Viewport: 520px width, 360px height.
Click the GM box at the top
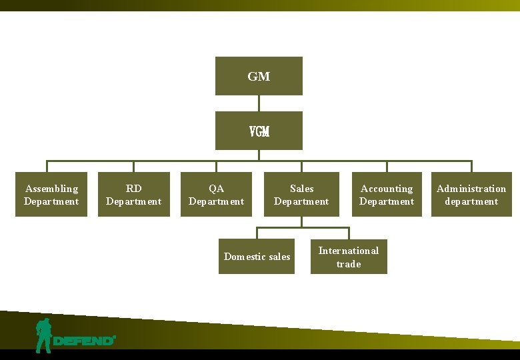[x=259, y=76]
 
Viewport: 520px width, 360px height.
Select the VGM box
[x=259, y=131]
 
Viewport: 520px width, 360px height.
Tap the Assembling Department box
[x=51, y=195]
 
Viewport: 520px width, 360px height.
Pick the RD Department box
[x=133, y=195]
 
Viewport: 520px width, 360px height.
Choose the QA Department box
[x=216, y=195]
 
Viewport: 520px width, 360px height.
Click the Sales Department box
[x=301, y=195]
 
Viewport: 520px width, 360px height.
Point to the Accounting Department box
[x=387, y=195]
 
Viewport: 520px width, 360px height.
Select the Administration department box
[x=471, y=195]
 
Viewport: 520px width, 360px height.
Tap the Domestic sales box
[x=257, y=257]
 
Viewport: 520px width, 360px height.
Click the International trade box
[x=349, y=257]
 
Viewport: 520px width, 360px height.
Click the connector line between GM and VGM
[x=259, y=103]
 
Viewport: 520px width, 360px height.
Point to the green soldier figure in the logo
[x=44, y=335]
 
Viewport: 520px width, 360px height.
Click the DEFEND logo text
[x=83, y=341]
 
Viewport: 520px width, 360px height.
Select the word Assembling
[x=51, y=189]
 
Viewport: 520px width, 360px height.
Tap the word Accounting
[x=387, y=189]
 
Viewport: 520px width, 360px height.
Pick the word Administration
[x=471, y=189]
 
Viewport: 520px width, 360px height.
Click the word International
[x=349, y=251]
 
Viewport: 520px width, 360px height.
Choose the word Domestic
[x=245, y=257]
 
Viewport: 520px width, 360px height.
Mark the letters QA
[x=216, y=189]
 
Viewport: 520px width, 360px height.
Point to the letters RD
[x=133, y=189]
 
